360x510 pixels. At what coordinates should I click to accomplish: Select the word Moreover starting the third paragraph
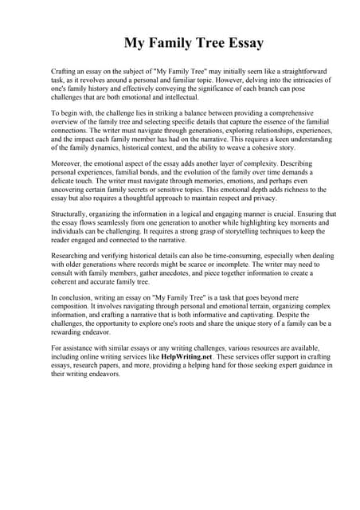pyautogui.click(x=68, y=163)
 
